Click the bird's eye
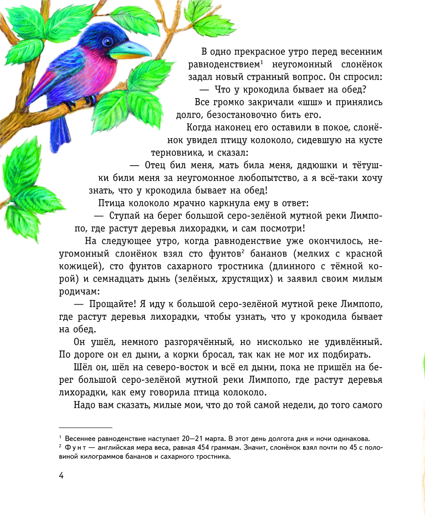coord(108,42)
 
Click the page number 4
coord(61,475)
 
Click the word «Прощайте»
coord(112,304)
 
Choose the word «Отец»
coord(156,165)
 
